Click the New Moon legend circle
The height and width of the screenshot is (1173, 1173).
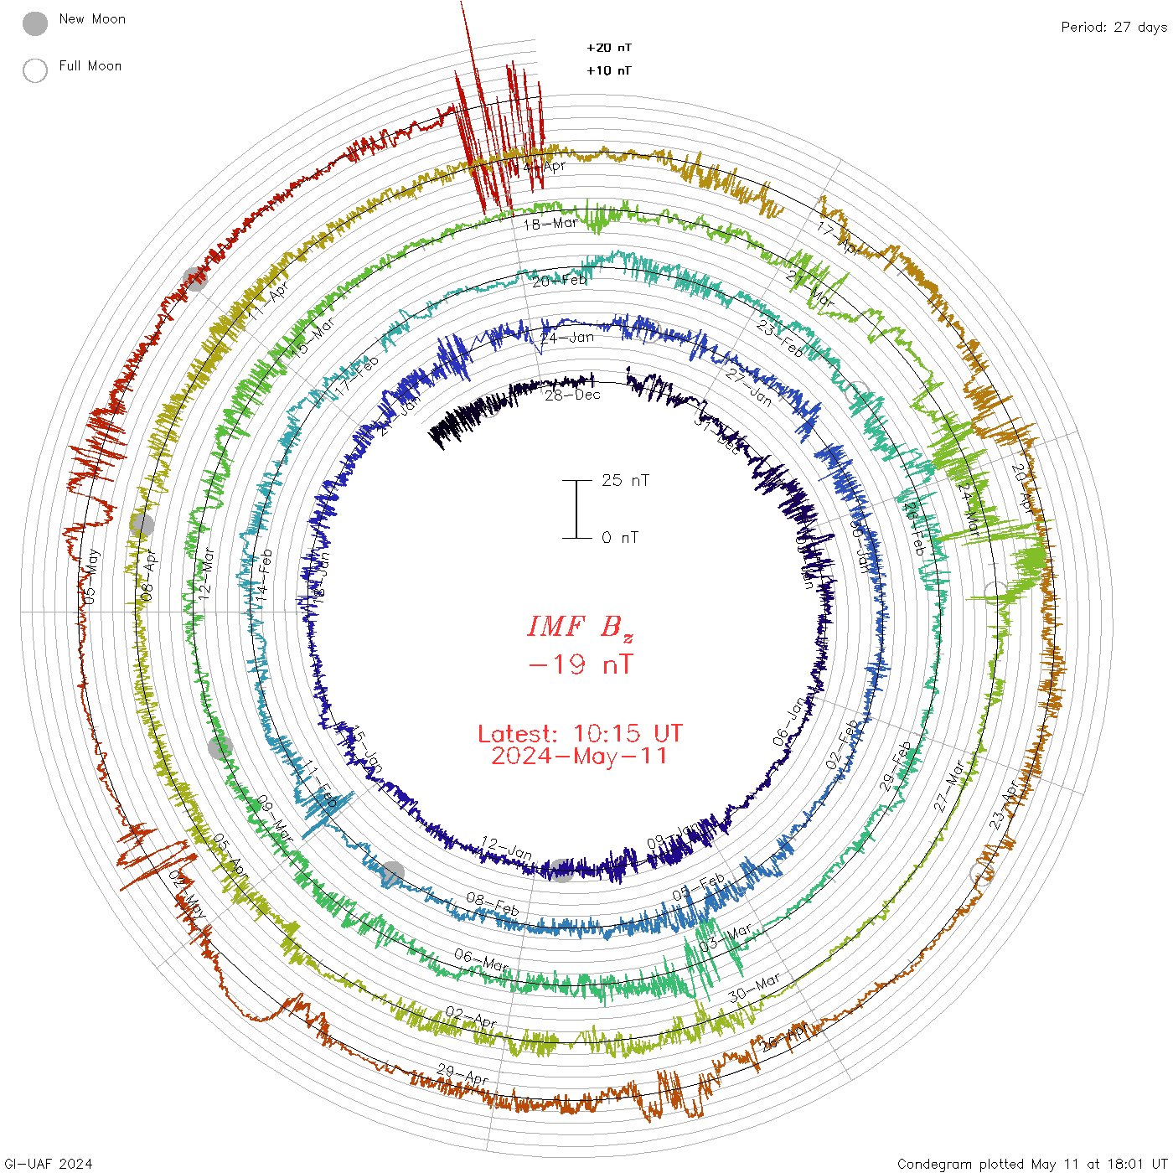pyautogui.click(x=35, y=23)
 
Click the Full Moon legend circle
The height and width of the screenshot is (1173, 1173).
pyautogui.click(x=35, y=70)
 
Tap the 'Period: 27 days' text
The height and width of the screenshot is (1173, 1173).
pyautogui.click(x=1114, y=27)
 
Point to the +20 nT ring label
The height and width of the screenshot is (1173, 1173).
pyautogui.click(x=609, y=48)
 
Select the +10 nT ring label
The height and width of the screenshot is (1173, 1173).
pyautogui.click(x=609, y=70)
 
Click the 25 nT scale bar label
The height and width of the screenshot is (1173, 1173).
pyautogui.click(x=625, y=480)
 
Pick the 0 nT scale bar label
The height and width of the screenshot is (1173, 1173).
pyautogui.click(x=620, y=537)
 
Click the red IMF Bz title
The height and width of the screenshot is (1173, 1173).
pyautogui.click(x=580, y=627)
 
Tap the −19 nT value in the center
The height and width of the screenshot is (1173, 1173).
pyautogui.click(x=581, y=664)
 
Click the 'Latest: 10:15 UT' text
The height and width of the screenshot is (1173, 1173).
pyautogui.click(x=580, y=734)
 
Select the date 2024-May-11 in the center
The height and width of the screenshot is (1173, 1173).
pyautogui.click(x=580, y=756)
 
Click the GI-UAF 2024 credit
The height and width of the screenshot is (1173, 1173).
pyautogui.click(x=49, y=1164)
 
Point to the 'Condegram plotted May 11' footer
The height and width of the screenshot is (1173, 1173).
pyautogui.click(x=1031, y=1164)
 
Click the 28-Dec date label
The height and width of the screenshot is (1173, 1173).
pyautogui.click(x=573, y=395)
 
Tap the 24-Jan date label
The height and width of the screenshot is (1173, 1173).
pyautogui.click(x=567, y=338)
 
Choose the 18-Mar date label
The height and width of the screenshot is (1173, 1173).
pyautogui.click(x=550, y=224)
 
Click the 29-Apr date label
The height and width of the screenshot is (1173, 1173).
pyautogui.click(x=462, y=1074)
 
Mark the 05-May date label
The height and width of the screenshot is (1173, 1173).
pyautogui.click(x=90, y=576)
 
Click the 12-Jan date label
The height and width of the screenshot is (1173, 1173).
pyautogui.click(x=506, y=848)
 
